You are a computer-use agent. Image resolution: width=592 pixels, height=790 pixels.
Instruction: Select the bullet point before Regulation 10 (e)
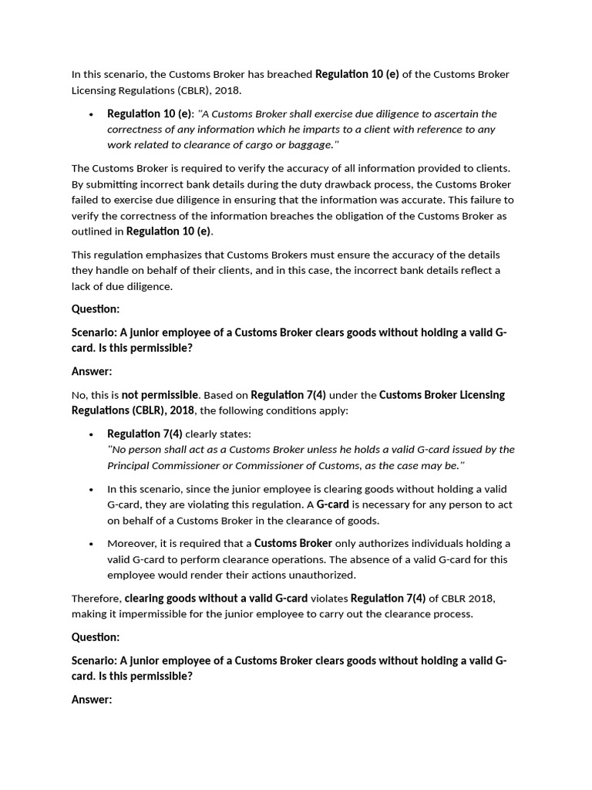pyautogui.click(x=91, y=114)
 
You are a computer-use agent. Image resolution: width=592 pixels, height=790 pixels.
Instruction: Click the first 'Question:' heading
pyautogui.click(x=96, y=309)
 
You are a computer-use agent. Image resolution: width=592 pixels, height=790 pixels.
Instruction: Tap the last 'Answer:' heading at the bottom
pyautogui.click(x=92, y=700)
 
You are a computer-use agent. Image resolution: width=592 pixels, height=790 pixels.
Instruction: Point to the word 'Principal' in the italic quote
pyautogui.click(x=129, y=465)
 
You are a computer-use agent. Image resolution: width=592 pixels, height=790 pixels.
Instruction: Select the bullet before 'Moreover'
pyautogui.click(x=91, y=544)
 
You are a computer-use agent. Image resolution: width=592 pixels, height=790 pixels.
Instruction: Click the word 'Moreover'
pyautogui.click(x=131, y=544)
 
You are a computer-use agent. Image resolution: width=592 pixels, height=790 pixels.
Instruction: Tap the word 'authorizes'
pyautogui.click(x=361, y=544)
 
